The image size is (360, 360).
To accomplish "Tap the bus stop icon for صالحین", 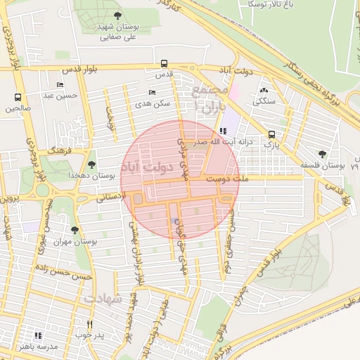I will click(x=18, y=98).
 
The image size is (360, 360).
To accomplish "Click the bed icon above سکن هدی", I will click(x=153, y=92).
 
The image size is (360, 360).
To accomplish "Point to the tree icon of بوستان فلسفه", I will click(x=322, y=154).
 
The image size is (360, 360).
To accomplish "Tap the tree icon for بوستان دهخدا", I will click(x=91, y=163).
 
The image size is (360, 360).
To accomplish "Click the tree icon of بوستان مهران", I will click(x=76, y=230).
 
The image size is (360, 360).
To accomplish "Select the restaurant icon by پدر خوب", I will click(x=89, y=324).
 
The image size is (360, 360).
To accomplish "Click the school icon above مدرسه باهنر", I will click(x=37, y=335).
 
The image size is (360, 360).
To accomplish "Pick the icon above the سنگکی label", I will click(x=264, y=90).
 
